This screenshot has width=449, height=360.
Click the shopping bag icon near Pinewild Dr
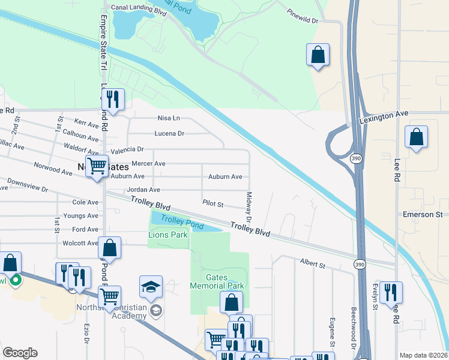(x=318, y=55)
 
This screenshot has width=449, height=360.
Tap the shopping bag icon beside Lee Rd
(x=416, y=137)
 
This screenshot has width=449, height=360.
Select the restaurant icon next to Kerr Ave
(x=112, y=100)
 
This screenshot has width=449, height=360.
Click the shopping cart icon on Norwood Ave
(x=96, y=166)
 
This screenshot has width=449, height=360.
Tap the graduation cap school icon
(x=151, y=287)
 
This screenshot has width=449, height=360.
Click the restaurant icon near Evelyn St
(x=390, y=292)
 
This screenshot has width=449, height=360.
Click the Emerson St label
(x=423, y=214)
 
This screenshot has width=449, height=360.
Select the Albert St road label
(x=312, y=265)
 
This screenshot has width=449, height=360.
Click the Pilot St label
(x=212, y=205)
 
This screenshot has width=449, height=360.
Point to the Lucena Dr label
(x=169, y=133)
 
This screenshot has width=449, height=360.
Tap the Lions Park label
(x=168, y=235)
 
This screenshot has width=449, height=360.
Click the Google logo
(x=20, y=353)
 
